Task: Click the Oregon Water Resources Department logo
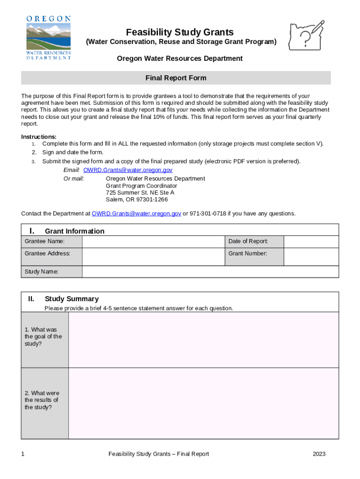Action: [49, 37]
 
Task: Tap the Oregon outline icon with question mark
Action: [307, 35]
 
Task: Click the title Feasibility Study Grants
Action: [180, 32]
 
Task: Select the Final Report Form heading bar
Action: [176, 78]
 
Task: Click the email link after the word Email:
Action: [128, 170]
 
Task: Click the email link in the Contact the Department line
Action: [137, 213]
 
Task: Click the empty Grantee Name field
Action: [153, 241]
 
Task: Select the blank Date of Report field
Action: [311, 241]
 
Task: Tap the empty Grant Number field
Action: [311, 256]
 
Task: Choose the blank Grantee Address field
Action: [153, 256]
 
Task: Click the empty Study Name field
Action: [210, 271]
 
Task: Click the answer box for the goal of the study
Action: [203, 340]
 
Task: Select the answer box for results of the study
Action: [203, 403]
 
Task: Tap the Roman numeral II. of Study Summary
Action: [31, 298]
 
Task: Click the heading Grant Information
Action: [75, 231]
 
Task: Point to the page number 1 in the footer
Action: [23, 454]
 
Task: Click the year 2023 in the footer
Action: [319, 454]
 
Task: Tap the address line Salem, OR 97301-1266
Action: [137, 199]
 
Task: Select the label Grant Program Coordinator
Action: [142, 186]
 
